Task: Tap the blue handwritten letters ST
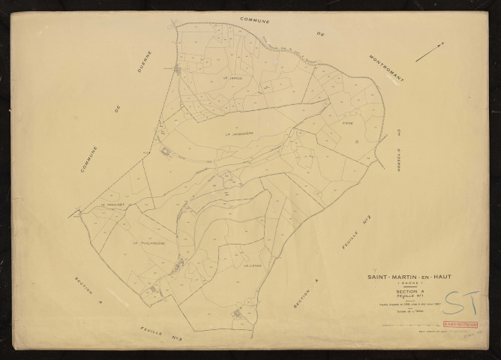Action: pos(457,301)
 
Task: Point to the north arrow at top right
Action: pos(430,51)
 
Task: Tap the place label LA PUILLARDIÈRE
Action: pos(148,243)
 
